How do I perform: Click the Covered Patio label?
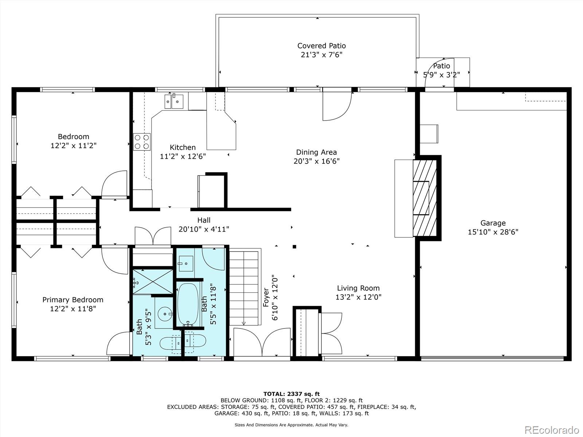(321, 46)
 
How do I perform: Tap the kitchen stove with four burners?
(142, 142)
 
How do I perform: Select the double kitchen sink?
(174, 102)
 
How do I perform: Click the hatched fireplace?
(425, 198)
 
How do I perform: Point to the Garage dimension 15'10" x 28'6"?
(493, 232)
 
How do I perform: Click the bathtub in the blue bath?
(188, 304)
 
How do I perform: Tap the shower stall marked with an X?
(153, 282)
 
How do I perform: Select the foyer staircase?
(244, 288)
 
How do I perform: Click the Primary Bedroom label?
(73, 300)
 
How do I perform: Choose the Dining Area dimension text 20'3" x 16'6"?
(317, 161)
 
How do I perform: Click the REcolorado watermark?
(552, 429)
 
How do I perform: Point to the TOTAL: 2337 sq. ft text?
(291, 394)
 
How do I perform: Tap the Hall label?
(204, 220)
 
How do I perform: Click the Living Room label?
(358, 288)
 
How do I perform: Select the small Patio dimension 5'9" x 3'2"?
(441, 75)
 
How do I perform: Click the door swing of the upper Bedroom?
(114, 184)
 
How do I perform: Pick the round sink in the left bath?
(165, 314)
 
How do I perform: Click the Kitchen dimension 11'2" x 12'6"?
(183, 156)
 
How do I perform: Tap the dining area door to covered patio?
(337, 106)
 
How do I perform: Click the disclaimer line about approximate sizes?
(291, 425)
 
